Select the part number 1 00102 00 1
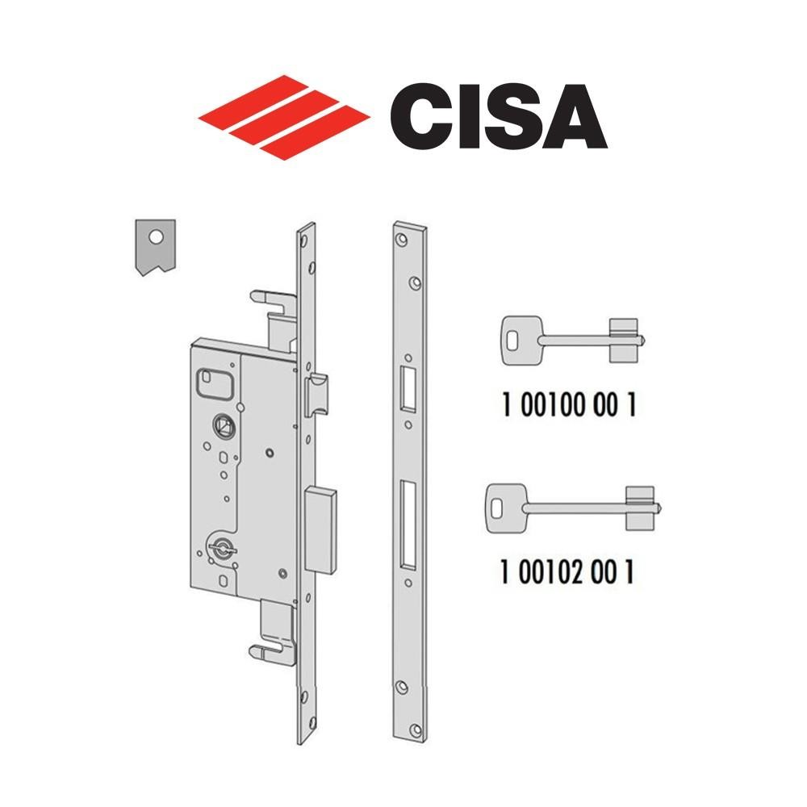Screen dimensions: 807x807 [567, 572]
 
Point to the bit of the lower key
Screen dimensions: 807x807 [639, 508]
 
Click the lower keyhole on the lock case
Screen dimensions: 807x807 [219, 550]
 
